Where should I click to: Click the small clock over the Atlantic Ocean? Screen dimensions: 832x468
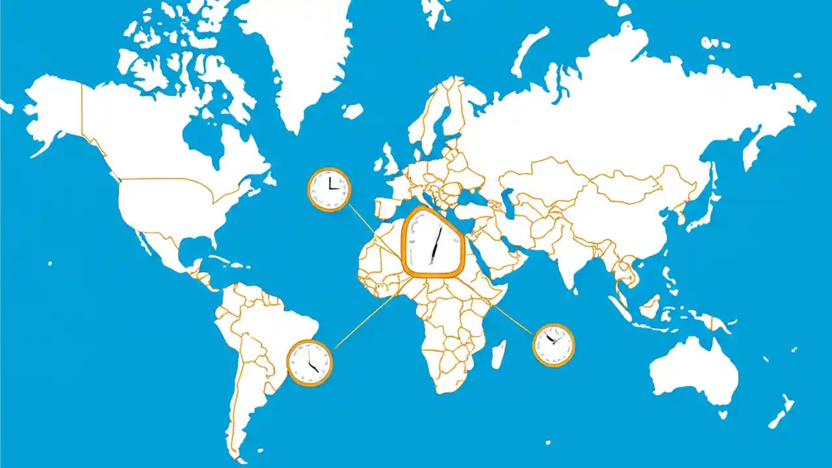[329, 189]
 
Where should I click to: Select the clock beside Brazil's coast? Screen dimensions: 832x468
[309, 363]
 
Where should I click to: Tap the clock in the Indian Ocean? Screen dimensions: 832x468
[554, 345]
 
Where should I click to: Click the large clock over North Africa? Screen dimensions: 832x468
[432, 242]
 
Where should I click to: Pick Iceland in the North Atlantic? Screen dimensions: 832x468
[352, 111]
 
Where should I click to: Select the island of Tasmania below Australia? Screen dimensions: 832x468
[722, 414]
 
